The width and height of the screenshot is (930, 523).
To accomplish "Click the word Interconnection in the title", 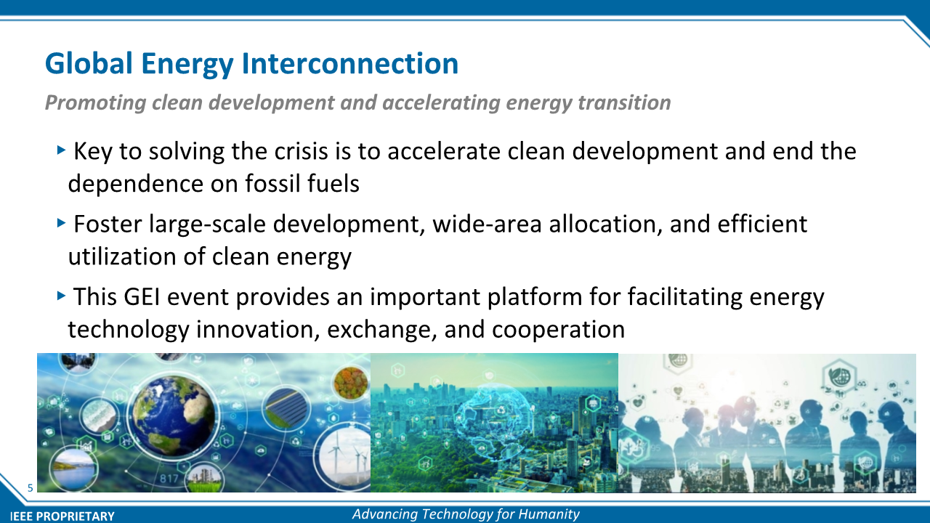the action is point(350,63).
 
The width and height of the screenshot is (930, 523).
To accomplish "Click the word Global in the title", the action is point(89,63).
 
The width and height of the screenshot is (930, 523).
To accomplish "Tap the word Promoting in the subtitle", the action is point(95,103).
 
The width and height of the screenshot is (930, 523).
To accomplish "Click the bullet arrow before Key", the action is point(62,150).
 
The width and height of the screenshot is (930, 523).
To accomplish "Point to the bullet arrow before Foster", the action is point(62,223).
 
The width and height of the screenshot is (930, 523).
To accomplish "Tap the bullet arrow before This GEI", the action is point(62,296).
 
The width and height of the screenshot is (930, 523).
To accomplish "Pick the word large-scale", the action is point(207,224).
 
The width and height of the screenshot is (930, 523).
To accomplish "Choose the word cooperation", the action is point(559,330).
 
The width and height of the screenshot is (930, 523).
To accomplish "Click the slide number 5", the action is point(31,487).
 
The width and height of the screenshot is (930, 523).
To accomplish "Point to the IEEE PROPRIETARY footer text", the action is point(62,516).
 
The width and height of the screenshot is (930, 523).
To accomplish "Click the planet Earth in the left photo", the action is point(173,416).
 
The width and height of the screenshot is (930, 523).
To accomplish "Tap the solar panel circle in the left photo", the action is point(287,409).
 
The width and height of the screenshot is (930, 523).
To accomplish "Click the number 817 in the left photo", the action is point(169,479).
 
